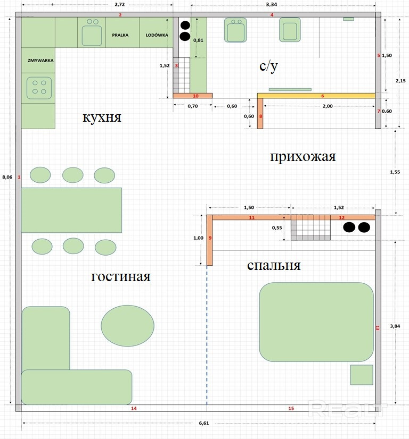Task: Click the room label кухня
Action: (x=102, y=117)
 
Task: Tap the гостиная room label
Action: (x=121, y=276)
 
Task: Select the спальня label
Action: (x=274, y=266)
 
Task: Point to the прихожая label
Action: (x=302, y=157)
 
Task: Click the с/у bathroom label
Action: (x=269, y=66)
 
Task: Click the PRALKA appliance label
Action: (x=120, y=35)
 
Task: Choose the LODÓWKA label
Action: (x=157, y=35)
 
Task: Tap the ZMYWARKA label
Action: (x=40, y=60)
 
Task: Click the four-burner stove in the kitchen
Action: (x=39, y=88)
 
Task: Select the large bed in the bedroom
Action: (x=316, y=322)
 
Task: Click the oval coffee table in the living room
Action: (x=127, y=326)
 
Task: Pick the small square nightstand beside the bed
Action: (x=362, y=375)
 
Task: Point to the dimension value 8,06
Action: (x=7, y=177)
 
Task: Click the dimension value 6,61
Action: (x=204, y=423)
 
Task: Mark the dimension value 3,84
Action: (x=395, y=326)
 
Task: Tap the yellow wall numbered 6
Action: (x=316, y=96)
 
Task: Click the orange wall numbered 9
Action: (x=209, y=240)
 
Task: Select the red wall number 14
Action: (x=134, y=409)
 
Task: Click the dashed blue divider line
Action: (x=207, y=335)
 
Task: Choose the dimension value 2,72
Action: (x=120, y=4)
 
